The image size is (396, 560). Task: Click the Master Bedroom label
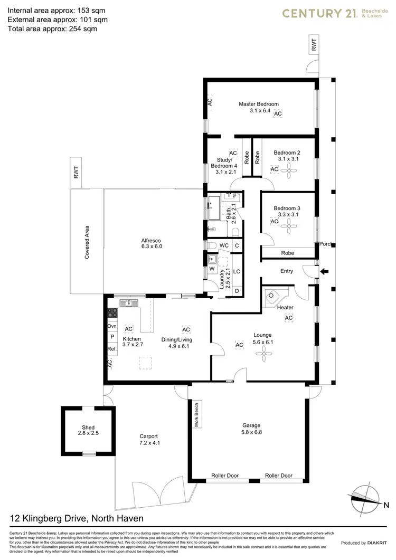258,104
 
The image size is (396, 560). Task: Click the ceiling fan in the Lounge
262,355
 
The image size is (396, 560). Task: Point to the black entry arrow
325,272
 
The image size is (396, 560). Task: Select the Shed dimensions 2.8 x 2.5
88,433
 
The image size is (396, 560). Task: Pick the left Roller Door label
225,476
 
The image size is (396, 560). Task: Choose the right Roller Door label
278,476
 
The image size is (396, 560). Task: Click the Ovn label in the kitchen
112,326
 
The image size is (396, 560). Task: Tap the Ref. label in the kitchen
112,349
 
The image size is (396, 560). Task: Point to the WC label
224,245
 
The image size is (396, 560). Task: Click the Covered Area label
87,242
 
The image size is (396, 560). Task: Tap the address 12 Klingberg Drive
77,518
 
